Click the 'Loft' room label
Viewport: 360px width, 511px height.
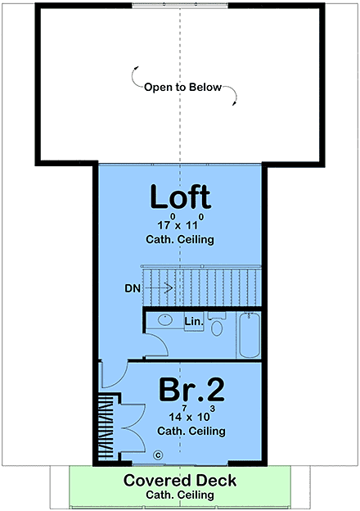[180, 197]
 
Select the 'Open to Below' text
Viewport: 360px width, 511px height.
[182, 88]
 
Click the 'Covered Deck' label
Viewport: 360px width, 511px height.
[180, 480]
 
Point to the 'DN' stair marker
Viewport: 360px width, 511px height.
[133, 288]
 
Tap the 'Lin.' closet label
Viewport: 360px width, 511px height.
[193, 321]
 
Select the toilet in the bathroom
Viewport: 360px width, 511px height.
[217, 327]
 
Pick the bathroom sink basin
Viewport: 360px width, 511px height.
[164, 319]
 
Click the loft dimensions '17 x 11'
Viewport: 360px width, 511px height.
[180, 224]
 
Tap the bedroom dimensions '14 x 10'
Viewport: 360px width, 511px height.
[180, 416]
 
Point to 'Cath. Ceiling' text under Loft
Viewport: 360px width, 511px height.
[180, 240]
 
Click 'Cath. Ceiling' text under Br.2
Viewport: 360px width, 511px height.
[180, 431]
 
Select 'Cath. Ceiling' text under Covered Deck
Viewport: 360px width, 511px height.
[180, 495]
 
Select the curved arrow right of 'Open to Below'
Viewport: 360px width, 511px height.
[232, 98]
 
